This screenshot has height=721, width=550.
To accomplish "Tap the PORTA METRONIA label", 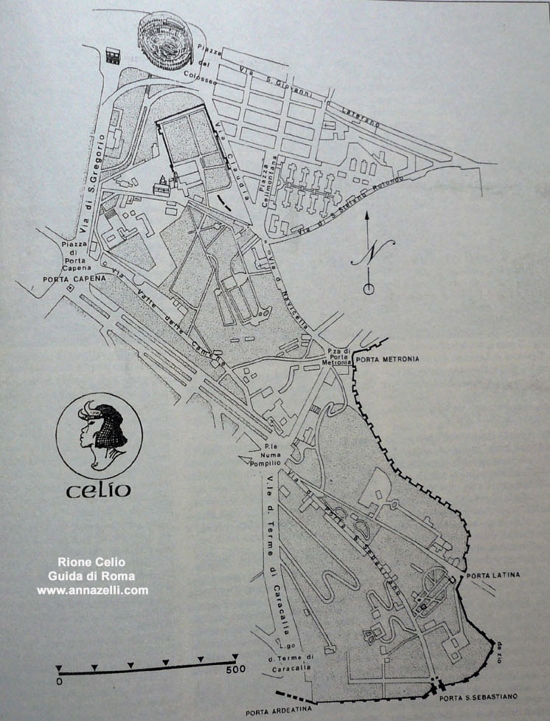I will point(387,359).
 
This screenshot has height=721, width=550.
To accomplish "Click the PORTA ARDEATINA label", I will point(279,711).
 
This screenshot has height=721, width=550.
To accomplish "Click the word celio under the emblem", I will point(99,489).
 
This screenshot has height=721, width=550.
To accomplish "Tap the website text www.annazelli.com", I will point(92,590).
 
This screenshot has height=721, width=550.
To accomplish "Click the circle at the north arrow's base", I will point(369,289).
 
